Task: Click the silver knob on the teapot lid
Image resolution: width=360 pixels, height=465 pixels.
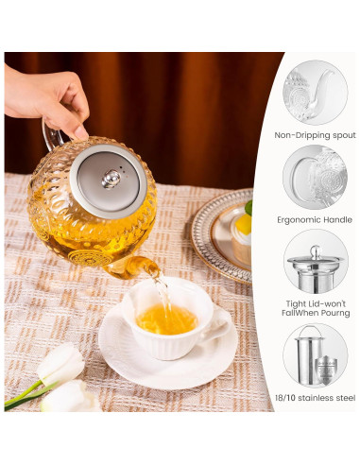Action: (111, 178)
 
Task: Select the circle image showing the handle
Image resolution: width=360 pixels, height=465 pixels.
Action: (315, 177)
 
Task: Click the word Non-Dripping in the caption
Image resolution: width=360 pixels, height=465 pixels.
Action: (296, 135)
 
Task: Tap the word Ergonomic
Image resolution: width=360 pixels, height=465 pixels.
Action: (297, 218)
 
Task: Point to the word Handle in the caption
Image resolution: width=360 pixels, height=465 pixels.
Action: (335, 218)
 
